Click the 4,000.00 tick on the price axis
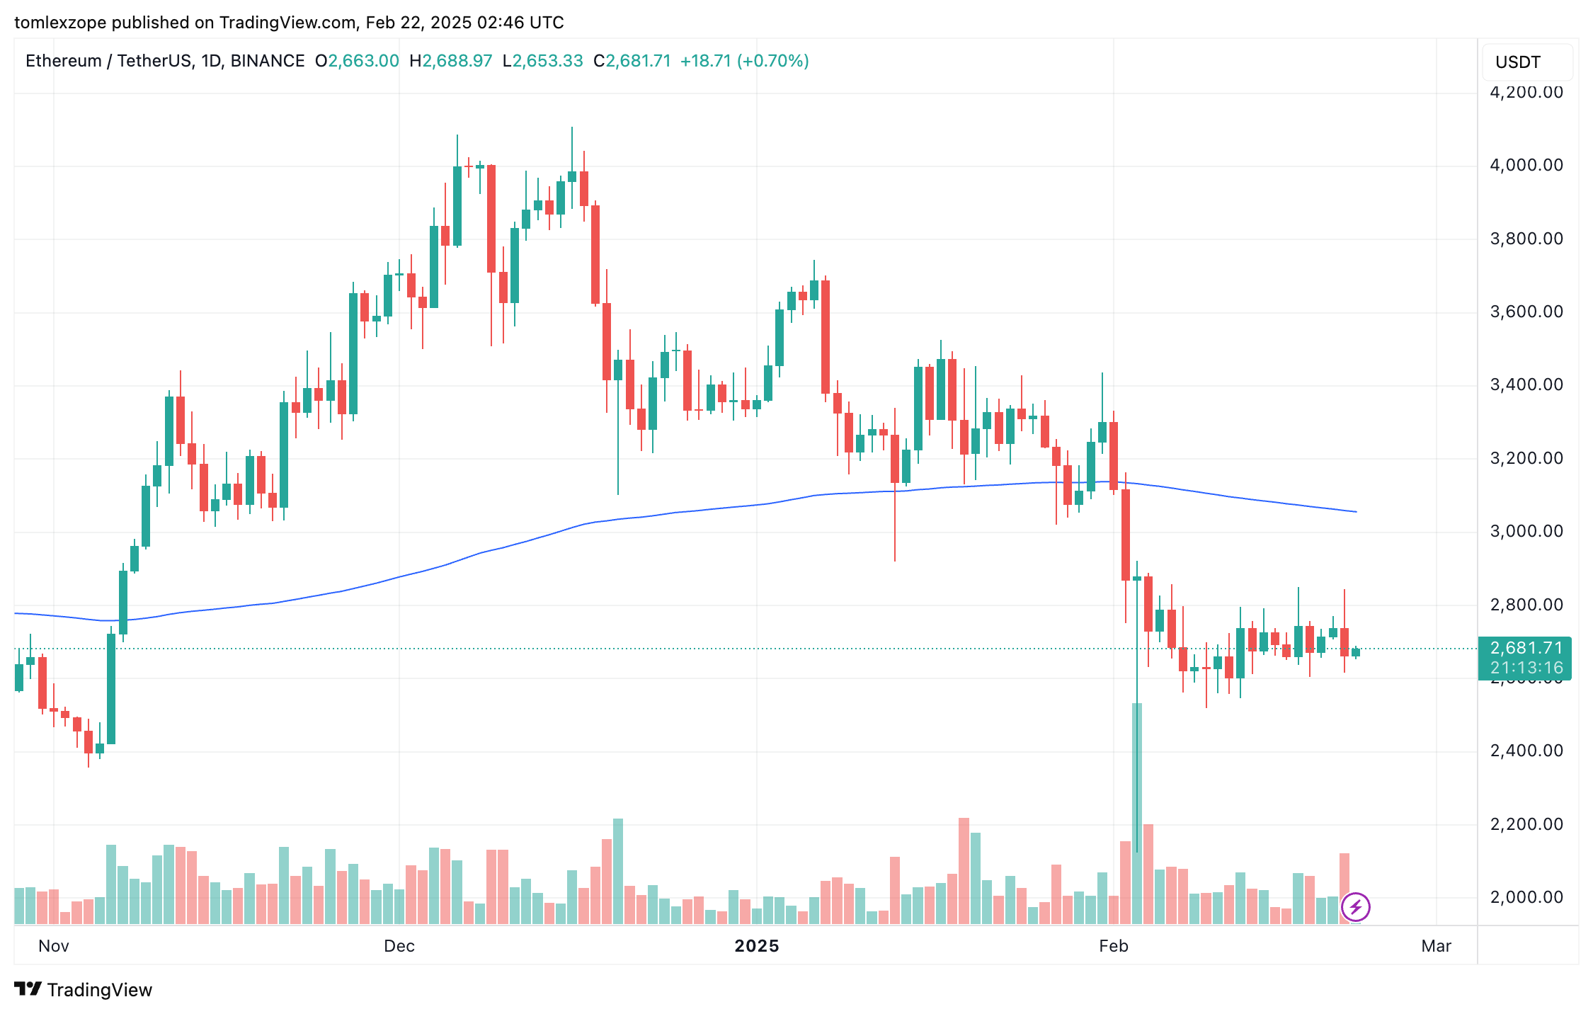pos(1526,165)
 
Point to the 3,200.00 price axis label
pos(1526,458)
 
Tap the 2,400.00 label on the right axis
pos(1526,751)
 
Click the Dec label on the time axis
pos(399,946)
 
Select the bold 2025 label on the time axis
pos(756,946)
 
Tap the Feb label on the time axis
pos(1113,946)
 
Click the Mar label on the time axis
pos(1436,946)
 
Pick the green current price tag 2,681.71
pos(1526,648)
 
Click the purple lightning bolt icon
pos(1355,906)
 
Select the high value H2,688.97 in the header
pos(450,61)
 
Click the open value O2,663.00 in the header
pos(357,61)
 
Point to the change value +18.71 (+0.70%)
pos(744,61)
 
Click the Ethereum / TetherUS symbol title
pos(164,61)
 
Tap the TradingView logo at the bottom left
pos(84,989)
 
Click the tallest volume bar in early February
pos(1136,814)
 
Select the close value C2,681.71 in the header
pos(632,61)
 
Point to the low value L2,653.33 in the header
pos(542,61)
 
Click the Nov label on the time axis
pos(54,946)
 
